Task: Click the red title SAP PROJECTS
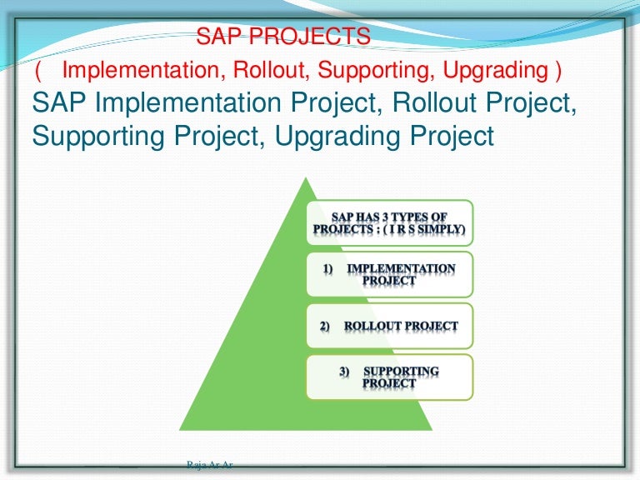(x=282, y=37)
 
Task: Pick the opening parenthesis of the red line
(x=37, y=71)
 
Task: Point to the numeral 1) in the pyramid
(x=327, y=269)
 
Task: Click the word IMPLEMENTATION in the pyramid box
(x=401, y=269)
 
